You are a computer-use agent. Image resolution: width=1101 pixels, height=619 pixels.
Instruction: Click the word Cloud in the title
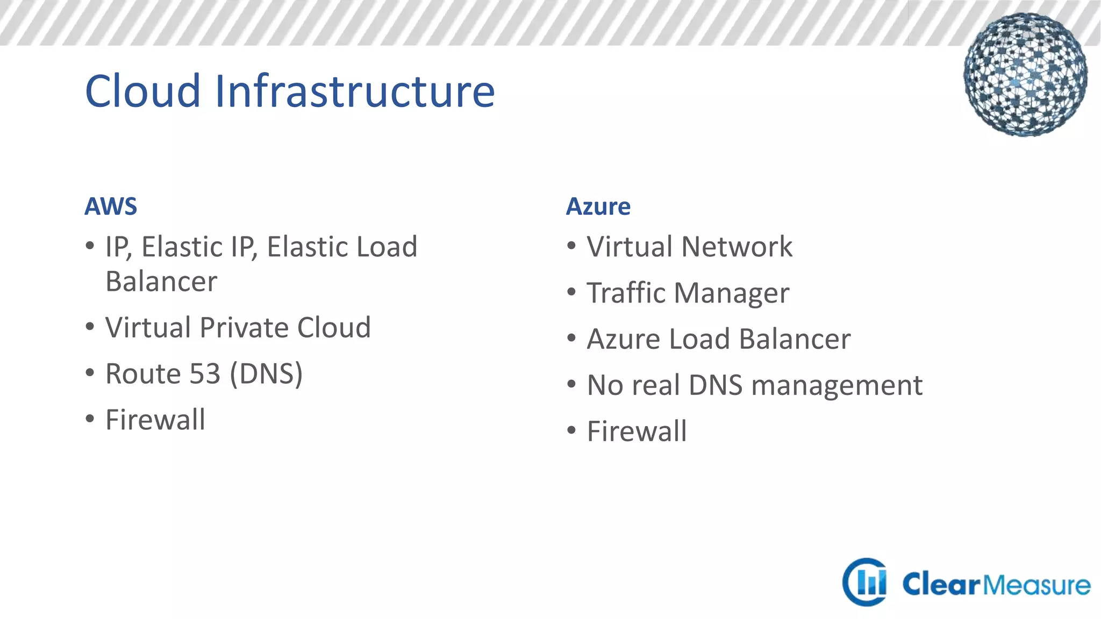[143, 91]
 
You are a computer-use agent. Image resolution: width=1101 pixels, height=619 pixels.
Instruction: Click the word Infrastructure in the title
[355, 91]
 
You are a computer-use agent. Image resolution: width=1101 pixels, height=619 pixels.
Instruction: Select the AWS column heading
[111, 206]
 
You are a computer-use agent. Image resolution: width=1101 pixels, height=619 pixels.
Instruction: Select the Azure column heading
[598, 206]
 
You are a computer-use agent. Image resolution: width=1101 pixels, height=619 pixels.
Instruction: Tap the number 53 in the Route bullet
[204, 373]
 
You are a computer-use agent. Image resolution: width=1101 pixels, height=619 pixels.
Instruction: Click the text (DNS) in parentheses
[266, 373]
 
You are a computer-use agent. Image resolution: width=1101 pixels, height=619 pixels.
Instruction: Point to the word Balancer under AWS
[161, 282]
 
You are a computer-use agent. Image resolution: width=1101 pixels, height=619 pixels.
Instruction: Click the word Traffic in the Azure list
[626, 293]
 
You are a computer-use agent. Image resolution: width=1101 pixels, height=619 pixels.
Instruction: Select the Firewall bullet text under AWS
[155, 420]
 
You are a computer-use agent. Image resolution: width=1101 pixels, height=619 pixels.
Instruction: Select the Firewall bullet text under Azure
[637, 431]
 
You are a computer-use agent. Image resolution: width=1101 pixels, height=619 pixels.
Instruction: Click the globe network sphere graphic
[1025, 75]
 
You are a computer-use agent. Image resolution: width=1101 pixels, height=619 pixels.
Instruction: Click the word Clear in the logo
[941, 584]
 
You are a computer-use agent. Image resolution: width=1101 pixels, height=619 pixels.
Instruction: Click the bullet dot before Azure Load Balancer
[571, 338]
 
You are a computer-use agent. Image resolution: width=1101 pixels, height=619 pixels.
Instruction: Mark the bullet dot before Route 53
[90, 372]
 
